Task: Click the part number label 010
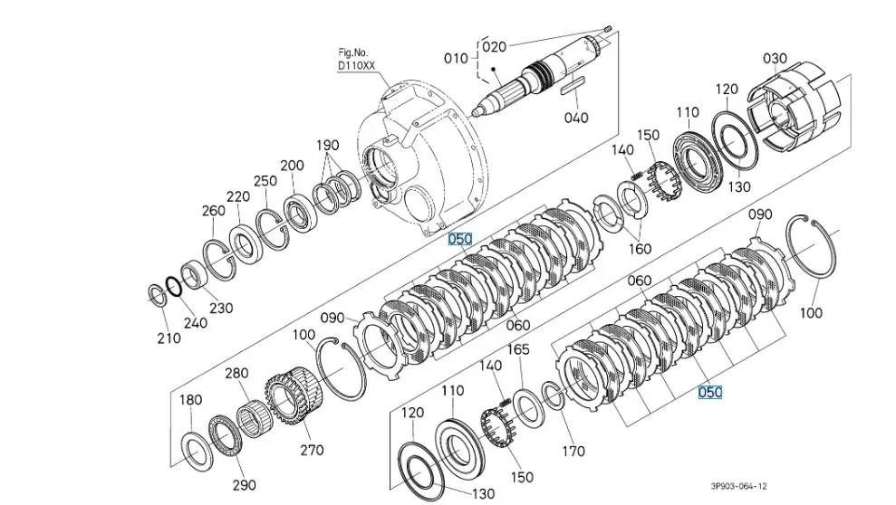point(456,59)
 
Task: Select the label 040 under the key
point(575,117)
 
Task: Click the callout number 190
point(327,146)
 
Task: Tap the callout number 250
point(265,181)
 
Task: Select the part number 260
point(214,211)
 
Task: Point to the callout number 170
point(573,450)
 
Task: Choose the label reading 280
point(236,373)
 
